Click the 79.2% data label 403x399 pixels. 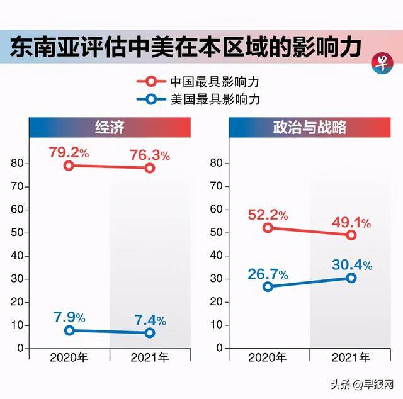click(71, 152)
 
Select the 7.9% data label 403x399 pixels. click(69, 317)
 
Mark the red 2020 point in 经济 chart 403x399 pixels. click(69, 166)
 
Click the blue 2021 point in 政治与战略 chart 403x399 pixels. click(351, 278)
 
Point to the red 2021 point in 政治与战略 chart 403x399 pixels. click(351, 235)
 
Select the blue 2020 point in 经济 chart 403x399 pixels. click(69, 330)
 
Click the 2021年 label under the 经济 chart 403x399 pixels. click(149, 357)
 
